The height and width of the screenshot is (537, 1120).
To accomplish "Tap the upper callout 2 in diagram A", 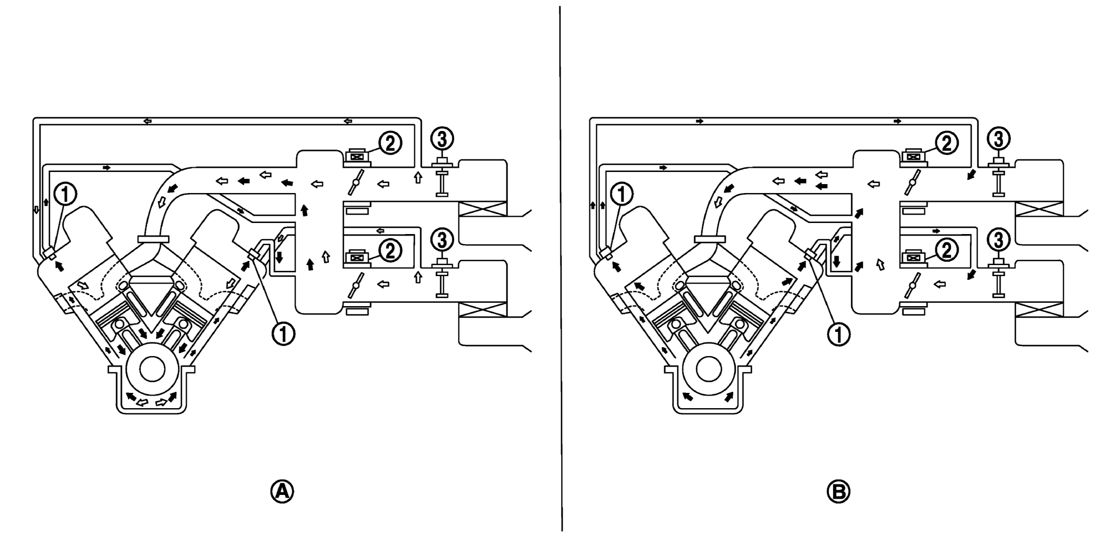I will click(390, 143).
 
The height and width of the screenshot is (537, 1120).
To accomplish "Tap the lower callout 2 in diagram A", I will click(390, 251).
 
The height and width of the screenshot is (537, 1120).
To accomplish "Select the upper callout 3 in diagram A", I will click(442, 138).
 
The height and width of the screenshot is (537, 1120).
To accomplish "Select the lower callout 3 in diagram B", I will click(999, 240).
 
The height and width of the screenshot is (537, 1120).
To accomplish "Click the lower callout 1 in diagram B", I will click(839, 334).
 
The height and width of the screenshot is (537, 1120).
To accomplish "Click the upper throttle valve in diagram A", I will click(356, 183).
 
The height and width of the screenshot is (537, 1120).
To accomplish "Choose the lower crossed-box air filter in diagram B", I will click(1039, 310).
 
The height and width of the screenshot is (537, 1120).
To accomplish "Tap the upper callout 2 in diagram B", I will click(946, 143).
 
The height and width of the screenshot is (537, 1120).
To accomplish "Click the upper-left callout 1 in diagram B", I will click(622, 195).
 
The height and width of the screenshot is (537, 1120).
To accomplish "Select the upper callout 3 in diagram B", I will click(999, 138).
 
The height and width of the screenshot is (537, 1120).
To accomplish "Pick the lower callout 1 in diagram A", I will click(283, 334).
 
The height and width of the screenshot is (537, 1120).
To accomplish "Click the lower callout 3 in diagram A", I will click(442, 240).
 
